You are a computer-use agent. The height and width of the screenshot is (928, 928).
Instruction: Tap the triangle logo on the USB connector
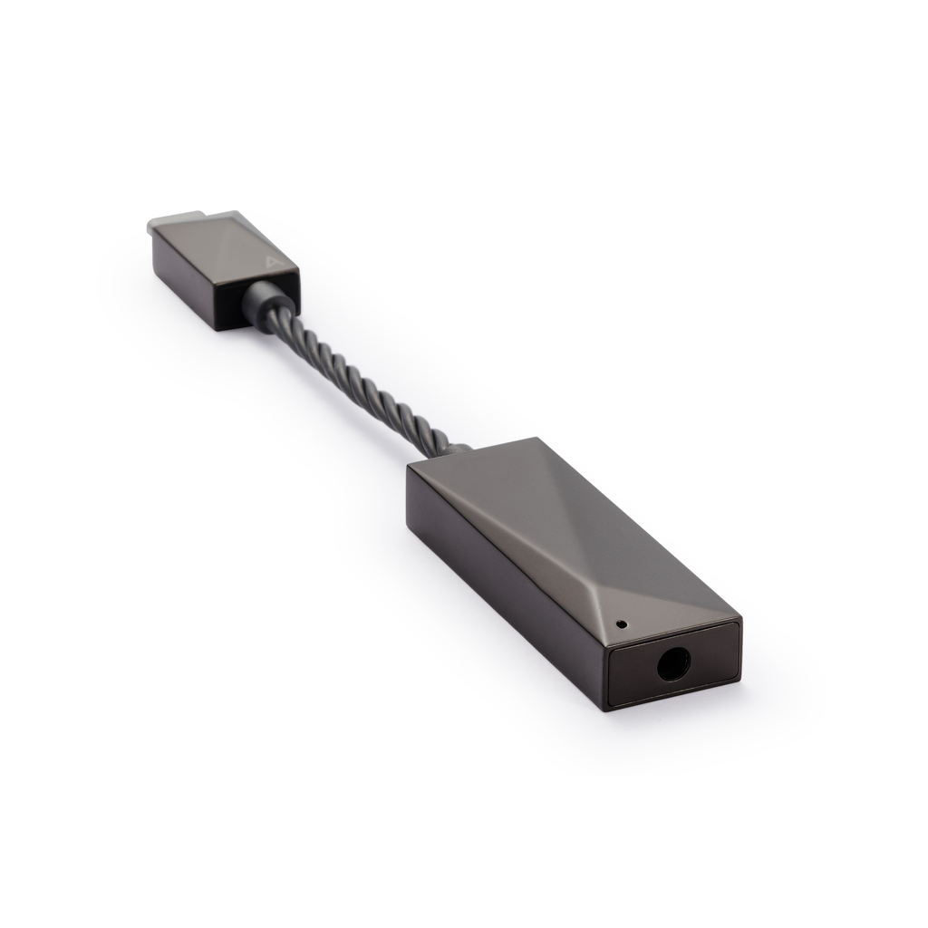272,263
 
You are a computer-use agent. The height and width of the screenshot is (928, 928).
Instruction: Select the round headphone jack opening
672,665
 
